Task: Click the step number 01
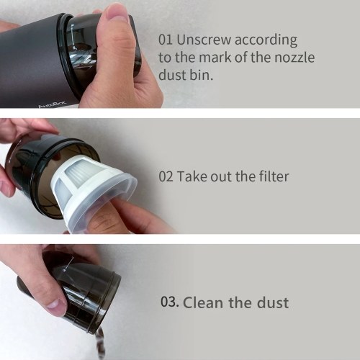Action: tap(166, 40)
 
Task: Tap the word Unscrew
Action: tap(204, 40)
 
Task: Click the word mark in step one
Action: tap(214, 58)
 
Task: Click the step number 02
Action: tap(166, 176)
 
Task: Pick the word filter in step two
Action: tap(274, 176)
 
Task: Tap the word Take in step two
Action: tap(192, 176)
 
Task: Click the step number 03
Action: tap(170, 302)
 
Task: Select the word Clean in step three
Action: tap(203, 302)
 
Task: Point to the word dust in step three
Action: tap(273, 302)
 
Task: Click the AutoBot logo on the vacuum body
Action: tap(53, 106)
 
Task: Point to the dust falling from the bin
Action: tap(99, 343)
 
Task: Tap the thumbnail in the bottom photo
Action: tap(57, 303)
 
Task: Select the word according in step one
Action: tap(266, 40)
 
